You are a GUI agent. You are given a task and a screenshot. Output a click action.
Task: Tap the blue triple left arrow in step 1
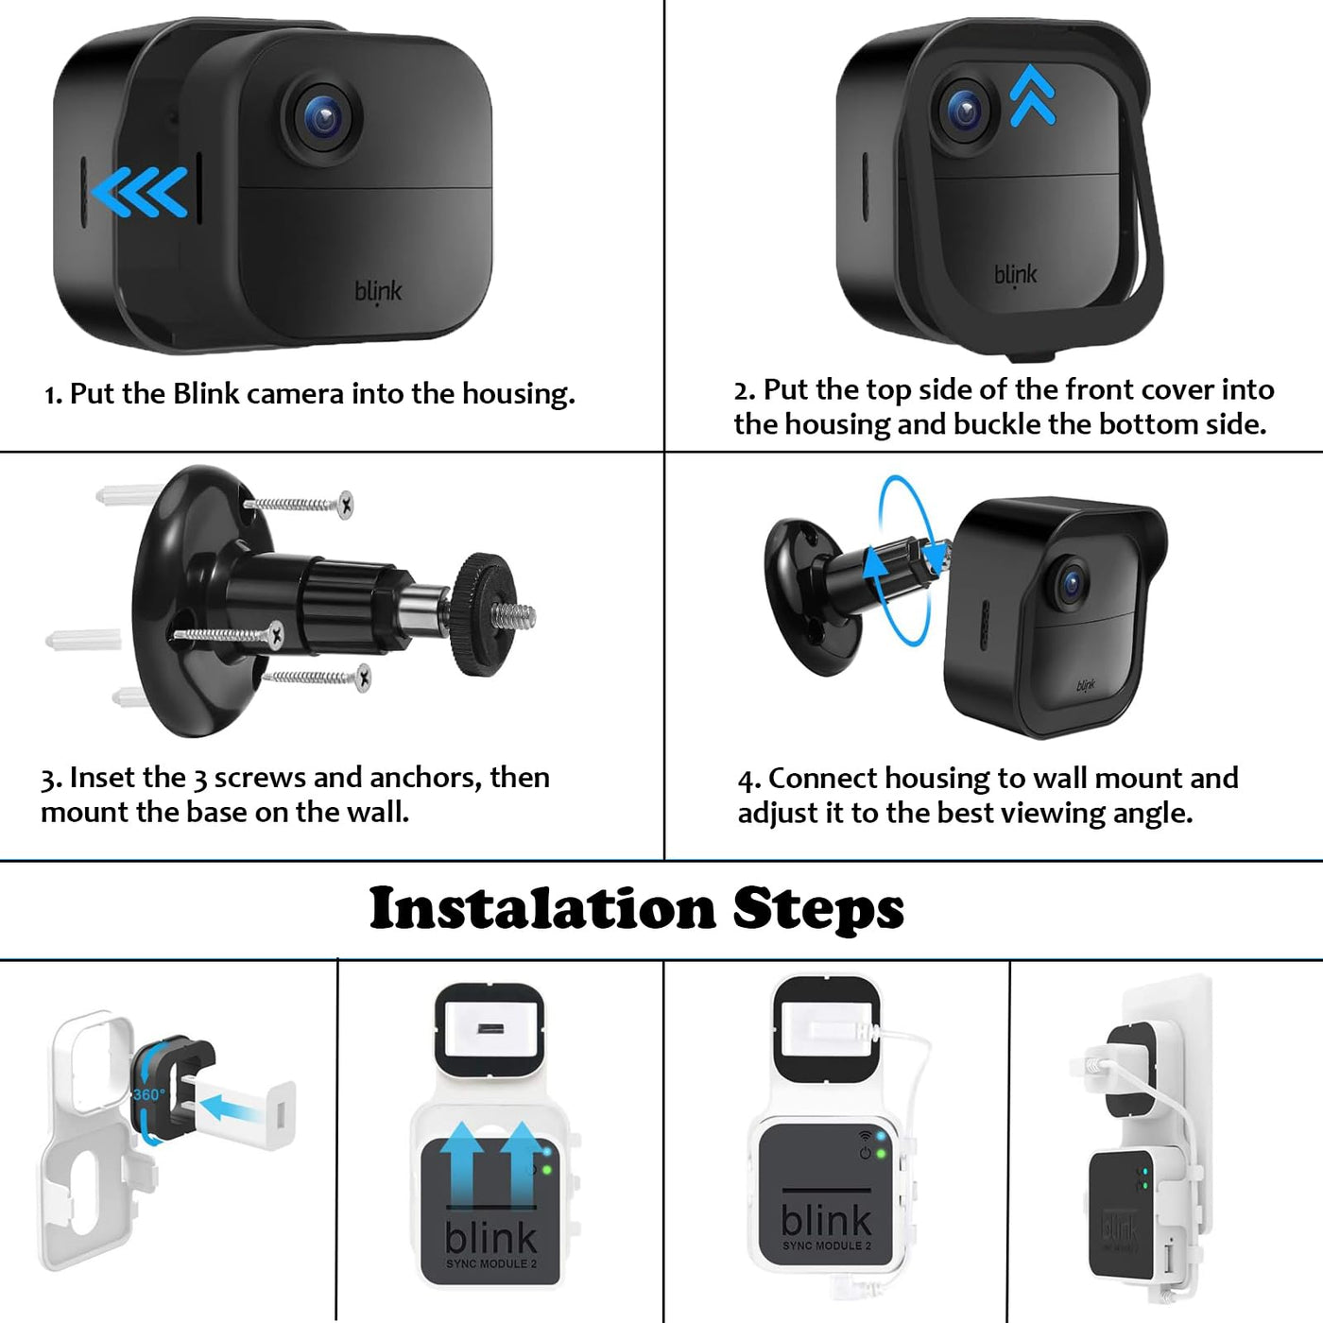coord(139,192)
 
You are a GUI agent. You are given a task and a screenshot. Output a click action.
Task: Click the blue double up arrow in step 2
coord(1032,95)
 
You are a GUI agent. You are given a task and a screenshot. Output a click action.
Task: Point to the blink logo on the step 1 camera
coord(378,292)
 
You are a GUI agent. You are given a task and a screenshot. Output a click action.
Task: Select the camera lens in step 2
coord(965,110)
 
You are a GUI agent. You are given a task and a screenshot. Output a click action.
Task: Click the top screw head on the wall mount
coord(345,505)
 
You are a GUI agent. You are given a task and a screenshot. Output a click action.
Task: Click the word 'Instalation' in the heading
coord(542,908)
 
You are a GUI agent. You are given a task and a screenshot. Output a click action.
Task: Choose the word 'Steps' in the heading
coord(817,910)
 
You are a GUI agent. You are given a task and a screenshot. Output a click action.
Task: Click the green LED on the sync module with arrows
coord(546,1170)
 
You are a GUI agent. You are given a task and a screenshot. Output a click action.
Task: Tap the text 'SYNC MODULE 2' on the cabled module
coord(826,1246)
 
